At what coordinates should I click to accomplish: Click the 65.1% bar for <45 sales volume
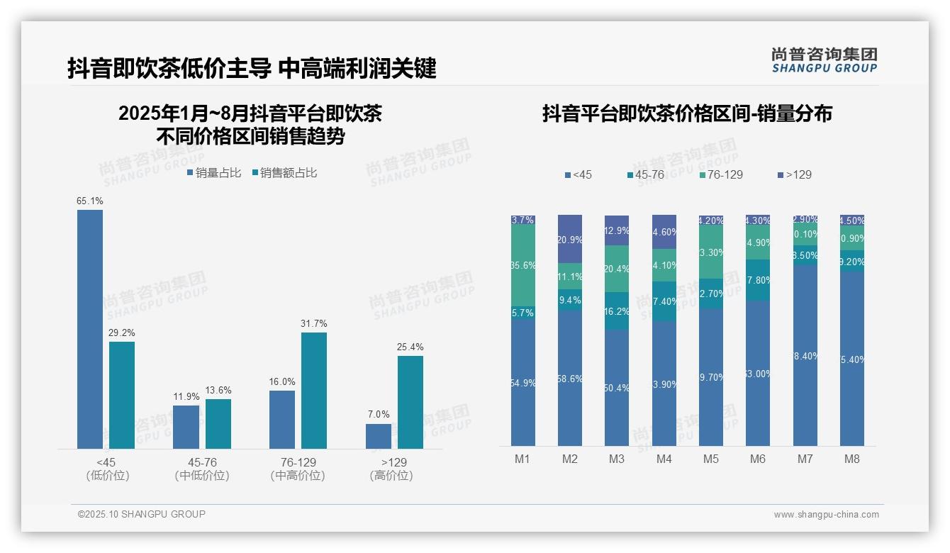[90, 329]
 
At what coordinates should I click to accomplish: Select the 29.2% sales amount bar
[122, 395]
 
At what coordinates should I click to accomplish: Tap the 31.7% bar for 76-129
[314, 390]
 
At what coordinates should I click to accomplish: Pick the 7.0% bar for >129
[379, 436]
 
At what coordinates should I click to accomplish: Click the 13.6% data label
[218, 391]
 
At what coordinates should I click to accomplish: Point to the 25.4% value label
[410, 347]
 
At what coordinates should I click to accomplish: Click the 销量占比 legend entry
[214, 173]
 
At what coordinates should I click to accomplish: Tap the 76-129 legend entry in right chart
[720, 174]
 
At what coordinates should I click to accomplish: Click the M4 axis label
[664, 459]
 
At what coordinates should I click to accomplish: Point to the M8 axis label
[852, 459]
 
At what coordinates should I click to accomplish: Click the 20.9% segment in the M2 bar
[570, 239]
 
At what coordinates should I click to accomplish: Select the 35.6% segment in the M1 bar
[522, 265]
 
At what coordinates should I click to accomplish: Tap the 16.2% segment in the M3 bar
[617, 311]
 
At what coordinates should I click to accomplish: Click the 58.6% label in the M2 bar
[570, 379]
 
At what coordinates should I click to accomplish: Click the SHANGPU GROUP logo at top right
[825, 60]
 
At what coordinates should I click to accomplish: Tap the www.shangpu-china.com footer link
[826, 515]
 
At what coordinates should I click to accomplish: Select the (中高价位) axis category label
[298, 476]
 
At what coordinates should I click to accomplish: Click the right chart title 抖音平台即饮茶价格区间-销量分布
[687, 113]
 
